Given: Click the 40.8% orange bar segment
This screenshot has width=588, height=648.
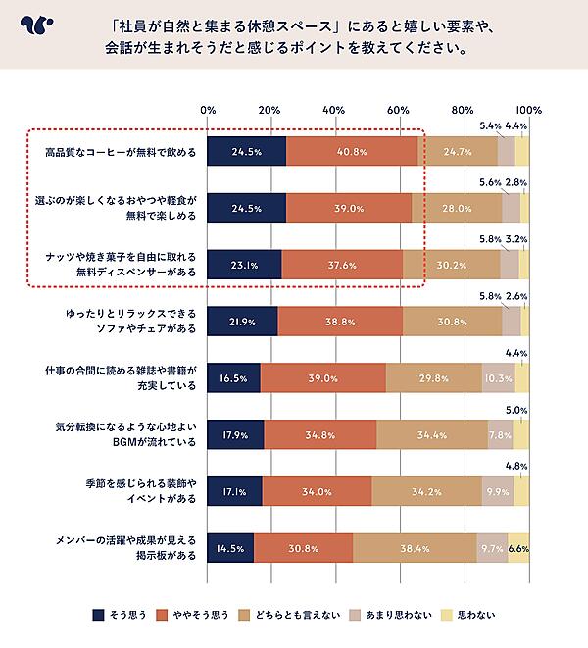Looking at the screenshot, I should click(352, 152).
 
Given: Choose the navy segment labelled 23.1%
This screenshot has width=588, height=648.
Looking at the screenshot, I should click(244, 265).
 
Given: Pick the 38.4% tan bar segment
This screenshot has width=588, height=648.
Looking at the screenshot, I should click(415, 548).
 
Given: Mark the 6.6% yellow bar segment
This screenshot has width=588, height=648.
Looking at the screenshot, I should click(518, 548).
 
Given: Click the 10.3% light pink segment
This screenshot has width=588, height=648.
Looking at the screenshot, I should click(498, 378).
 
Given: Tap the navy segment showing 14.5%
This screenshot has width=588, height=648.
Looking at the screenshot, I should click(230, 548).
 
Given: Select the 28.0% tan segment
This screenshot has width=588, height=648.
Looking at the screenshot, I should click(457, 209).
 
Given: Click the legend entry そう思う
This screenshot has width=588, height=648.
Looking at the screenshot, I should click(120, 615).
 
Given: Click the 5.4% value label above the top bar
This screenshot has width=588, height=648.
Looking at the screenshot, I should click(491, 126).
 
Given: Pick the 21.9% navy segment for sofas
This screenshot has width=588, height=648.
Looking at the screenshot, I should click(242, 322).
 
